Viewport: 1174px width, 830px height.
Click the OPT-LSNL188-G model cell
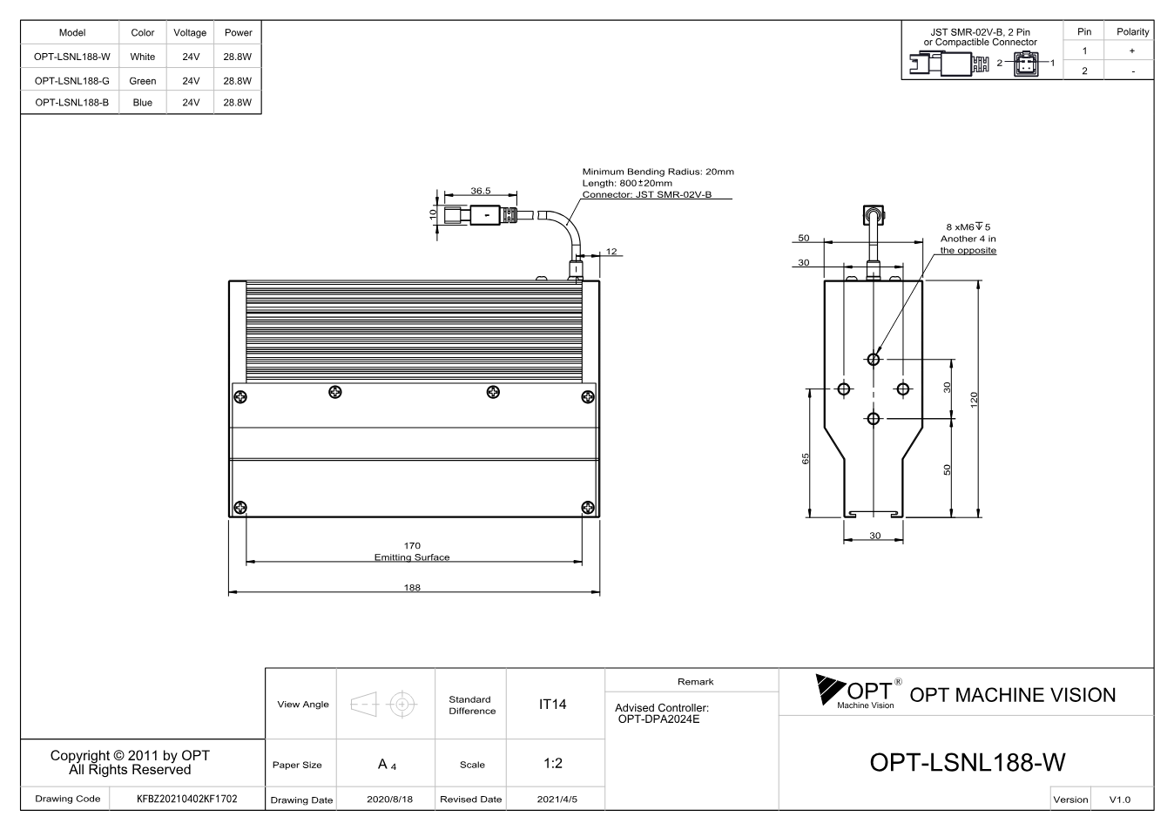[71, 81]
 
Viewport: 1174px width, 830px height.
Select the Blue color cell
[143, 102]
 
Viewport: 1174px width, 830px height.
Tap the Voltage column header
[190, 32]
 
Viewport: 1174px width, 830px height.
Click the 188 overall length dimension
[412, 587]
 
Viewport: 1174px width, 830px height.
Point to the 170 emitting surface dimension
[412, 545]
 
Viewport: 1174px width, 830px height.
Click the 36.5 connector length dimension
[481, 191]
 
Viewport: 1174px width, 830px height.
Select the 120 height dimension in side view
[974, 400]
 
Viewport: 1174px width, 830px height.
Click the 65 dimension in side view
[806, 458]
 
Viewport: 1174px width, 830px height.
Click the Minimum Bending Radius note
[658, 172]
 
